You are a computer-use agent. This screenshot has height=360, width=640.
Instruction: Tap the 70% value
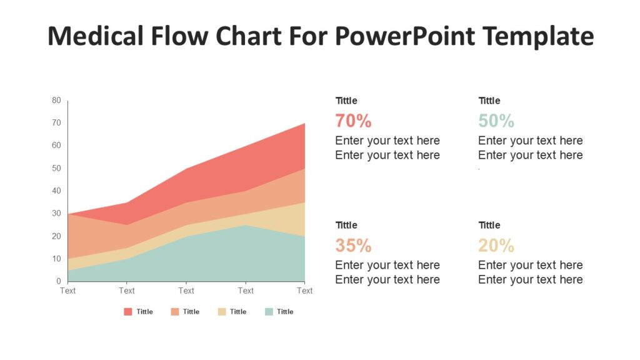click(x=353, y=121)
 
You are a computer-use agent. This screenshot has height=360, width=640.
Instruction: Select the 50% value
click(x=496, y=121)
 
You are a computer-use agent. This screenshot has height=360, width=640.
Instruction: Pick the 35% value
click(x=353, y=245)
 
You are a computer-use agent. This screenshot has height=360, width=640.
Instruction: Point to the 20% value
click(x=496, y=245)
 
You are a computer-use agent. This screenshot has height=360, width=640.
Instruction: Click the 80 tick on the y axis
click(x=57, y=100)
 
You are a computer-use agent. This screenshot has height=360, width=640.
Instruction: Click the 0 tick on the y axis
click(x=59, y=281)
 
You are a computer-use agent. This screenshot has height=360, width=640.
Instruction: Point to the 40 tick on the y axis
click(x=57, y=191)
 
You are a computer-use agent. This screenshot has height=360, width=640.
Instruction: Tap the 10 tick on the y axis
click(x=57, y=259)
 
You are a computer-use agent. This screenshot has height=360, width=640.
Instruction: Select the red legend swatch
click(x=128, y=312)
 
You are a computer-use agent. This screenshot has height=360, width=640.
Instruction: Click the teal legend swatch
click(x=269, y=312)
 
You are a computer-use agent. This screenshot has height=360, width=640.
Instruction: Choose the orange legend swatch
click(x=175, y=312)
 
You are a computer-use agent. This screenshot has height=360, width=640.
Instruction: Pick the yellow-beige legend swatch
click(x=222, y=312)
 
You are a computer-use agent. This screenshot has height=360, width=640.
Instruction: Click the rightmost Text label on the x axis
click(x=305, y=291)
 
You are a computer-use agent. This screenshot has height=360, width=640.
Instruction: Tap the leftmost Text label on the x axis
click(x=67, y=291)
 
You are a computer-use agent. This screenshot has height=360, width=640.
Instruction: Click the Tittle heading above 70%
click(x=346, y=101)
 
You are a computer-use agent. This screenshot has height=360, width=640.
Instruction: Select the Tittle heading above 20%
click(x=489, y=225)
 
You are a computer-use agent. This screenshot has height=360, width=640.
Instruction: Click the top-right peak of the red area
click(x=304, y=124)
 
